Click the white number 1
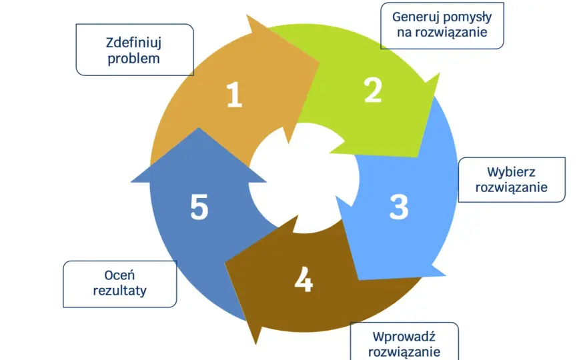tap(235, 95)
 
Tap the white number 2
tap(373, 90)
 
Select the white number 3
tap(399, 207)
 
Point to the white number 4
tap(304, 279)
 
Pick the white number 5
tap(199, 206)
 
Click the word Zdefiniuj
tap(133, 43)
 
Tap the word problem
tap(133, 59)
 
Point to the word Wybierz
tap(511, 172)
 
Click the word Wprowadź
tap(404, 337)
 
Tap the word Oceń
tap(119, 275)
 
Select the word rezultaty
tap(120, 291)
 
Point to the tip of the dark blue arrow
tap(199, 128)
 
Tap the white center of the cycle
tap(304, 179)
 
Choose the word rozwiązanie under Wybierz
tap(512, 187)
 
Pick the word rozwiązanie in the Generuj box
tap(442, 33)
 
